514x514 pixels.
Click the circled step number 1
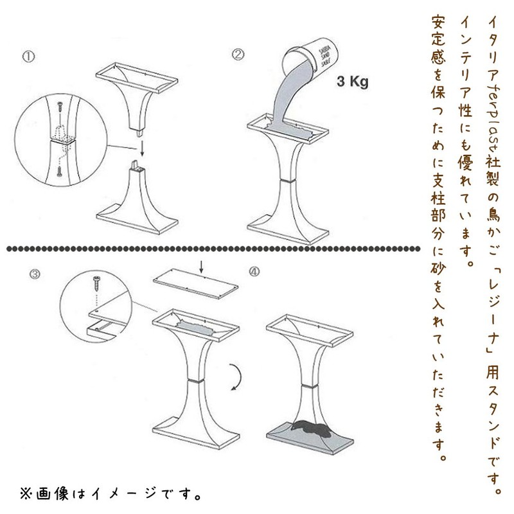pos(27,56)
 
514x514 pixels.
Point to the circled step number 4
pos(254,272)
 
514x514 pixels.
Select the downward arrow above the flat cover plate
pos(202,265)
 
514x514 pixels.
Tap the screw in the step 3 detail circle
pos(97,282)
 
